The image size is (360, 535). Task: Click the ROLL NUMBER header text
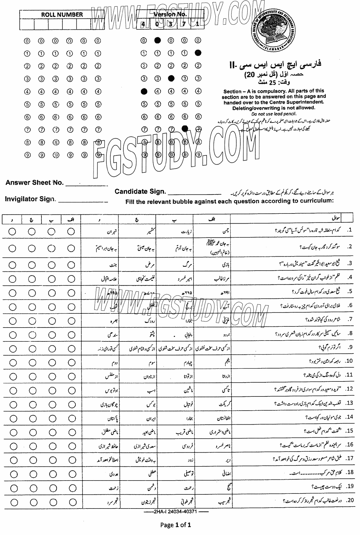coord(62,15)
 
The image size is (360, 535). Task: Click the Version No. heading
coord(170,14)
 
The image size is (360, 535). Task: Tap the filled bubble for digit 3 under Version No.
coord(171,78)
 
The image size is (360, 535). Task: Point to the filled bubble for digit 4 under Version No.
coord(144,92)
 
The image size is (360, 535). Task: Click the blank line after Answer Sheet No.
coord(86,185)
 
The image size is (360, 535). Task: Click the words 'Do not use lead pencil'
coord(274,114)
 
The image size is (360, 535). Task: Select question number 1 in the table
coord(350,230)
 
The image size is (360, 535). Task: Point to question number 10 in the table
coord(349,361)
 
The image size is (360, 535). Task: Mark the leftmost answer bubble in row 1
coord(12,231)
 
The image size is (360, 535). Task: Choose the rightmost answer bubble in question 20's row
coord(71,502)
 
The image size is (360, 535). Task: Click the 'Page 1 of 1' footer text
coord(175,525)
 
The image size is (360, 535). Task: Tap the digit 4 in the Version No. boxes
coord(143,24)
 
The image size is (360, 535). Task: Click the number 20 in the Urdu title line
coord(249,75)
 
